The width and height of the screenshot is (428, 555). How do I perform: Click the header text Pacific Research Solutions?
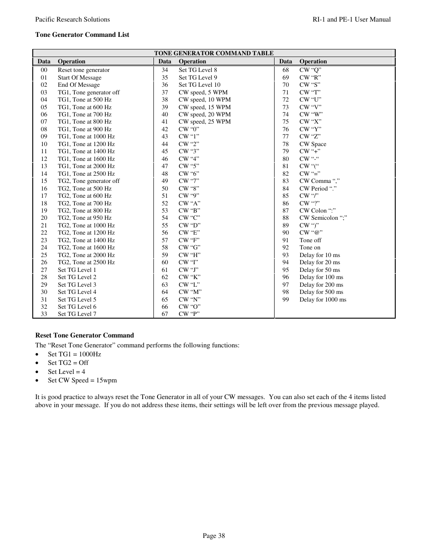(72, 19)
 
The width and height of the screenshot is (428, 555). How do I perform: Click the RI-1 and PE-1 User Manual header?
(351, 19)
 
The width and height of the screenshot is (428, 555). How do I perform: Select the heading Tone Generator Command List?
(82, 35)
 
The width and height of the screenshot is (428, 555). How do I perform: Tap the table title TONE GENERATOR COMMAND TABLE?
(214, 53)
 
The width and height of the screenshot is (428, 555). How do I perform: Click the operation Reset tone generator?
(83, 70)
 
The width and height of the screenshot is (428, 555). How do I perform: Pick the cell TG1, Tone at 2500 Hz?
(86, 173)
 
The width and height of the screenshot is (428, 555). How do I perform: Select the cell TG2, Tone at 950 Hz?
(85, 218)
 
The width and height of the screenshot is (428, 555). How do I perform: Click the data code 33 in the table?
(44, 314)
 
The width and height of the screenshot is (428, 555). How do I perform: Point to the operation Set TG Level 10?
(199, 85)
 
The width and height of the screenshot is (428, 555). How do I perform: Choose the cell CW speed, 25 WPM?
(205, 122)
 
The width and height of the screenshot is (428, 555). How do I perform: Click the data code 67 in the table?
(165, 314)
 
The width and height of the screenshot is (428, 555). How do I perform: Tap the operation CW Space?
(313, 144)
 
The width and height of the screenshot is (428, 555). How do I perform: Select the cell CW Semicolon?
(323, 218)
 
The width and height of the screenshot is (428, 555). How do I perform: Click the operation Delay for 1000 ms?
(323, 300)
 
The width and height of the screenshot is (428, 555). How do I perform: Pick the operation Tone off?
(310, 240)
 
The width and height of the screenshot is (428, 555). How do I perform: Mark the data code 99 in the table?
(286, 300)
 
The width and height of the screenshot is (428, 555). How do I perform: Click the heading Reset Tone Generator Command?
(84, 335)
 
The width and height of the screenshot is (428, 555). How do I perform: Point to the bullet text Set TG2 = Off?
(68, 363)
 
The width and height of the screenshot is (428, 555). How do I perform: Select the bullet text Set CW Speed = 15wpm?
(82, 380)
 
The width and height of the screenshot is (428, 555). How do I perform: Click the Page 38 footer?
(214, 535)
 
